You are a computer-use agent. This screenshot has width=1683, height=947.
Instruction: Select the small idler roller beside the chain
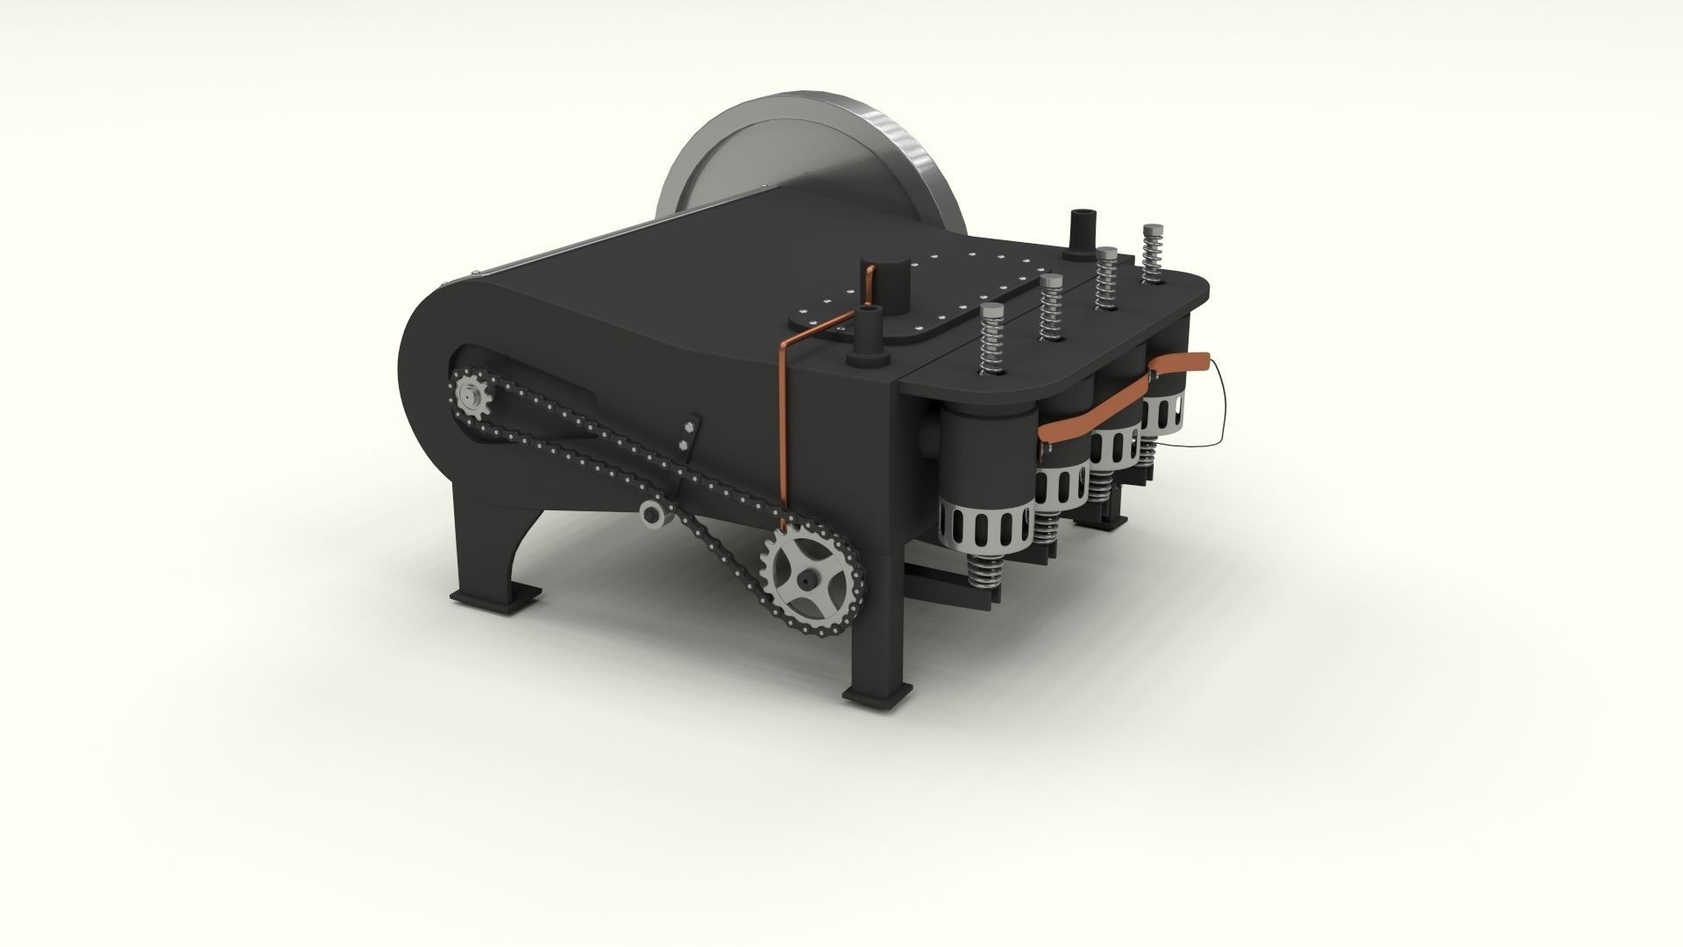pyautogui.click(x=654, y=515)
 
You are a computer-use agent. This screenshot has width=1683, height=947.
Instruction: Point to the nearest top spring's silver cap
pyautogui.click(x=993, y=312)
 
